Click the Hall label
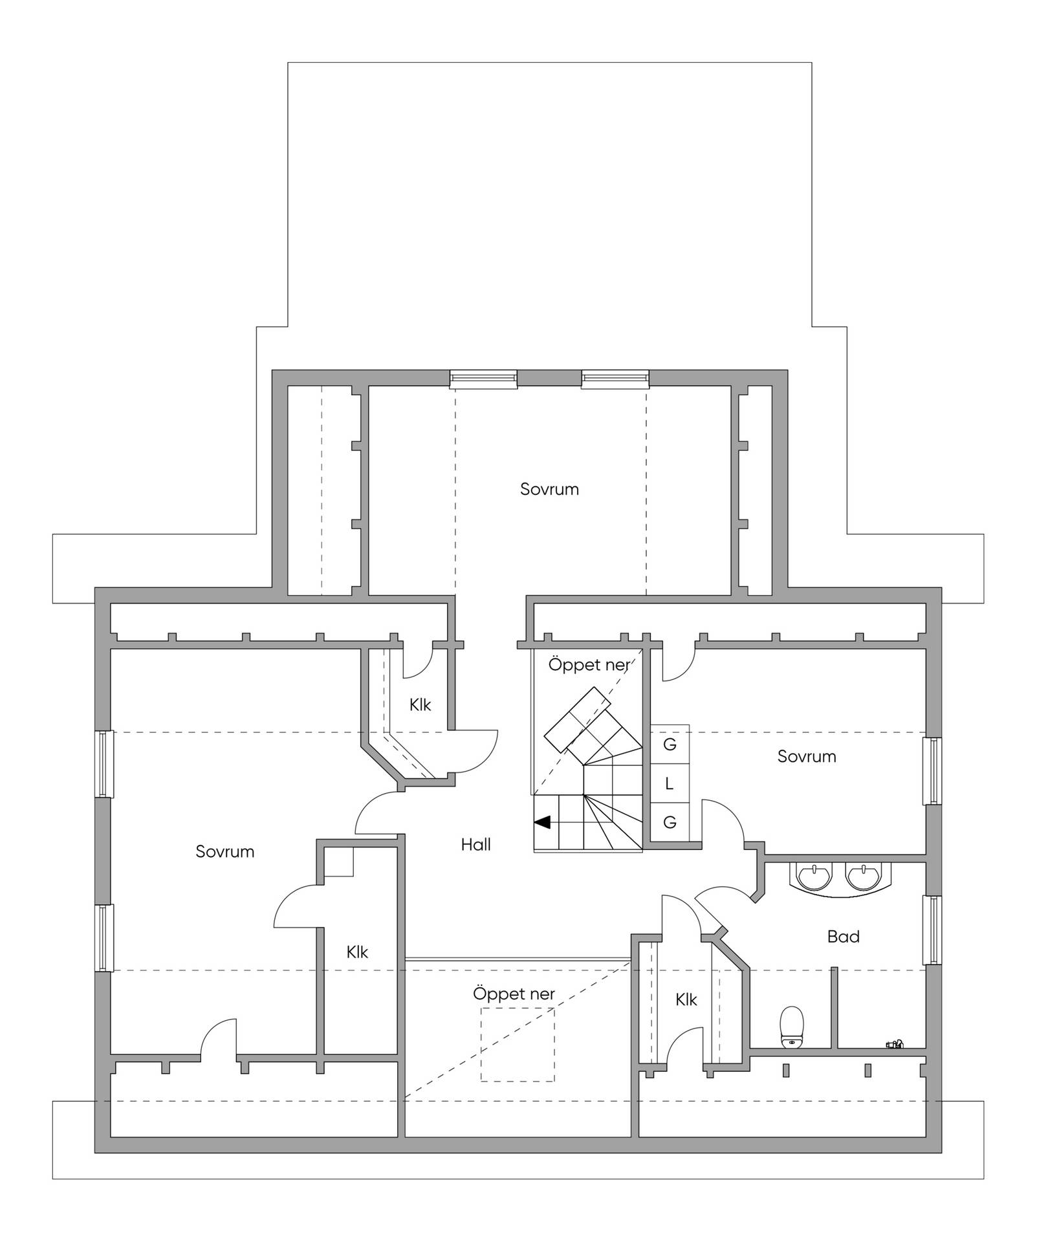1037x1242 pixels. click(x=475, y=844)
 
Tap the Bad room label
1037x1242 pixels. click(x=843, y=936)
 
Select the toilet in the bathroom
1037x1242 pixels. click(x=792, y=1027)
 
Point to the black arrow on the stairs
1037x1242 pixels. click(x=542, y=822)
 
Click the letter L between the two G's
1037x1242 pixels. click(x=669, y=783)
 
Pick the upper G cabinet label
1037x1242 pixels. click(x=670, y=745)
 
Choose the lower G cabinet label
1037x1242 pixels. click(x=670, y=822)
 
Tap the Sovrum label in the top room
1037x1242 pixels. click(x=549, y=489)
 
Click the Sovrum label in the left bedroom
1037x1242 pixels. click(x=224, y=851)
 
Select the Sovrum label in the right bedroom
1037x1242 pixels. click(x=807, y=756)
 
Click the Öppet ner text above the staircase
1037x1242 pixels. click(x=589, y=664)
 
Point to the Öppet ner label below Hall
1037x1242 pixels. click(x=514, y=994)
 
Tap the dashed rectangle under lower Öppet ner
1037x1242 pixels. click(x=518, y=1043)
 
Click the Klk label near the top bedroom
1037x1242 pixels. click(x=420, y=704)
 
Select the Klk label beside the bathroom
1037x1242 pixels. click(x=686, y=999)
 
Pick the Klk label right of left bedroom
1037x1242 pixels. click(x=357, y=952)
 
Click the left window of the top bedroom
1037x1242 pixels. click(x=483, y=379)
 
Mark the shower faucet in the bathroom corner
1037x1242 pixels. click(x=895, y=1043)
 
